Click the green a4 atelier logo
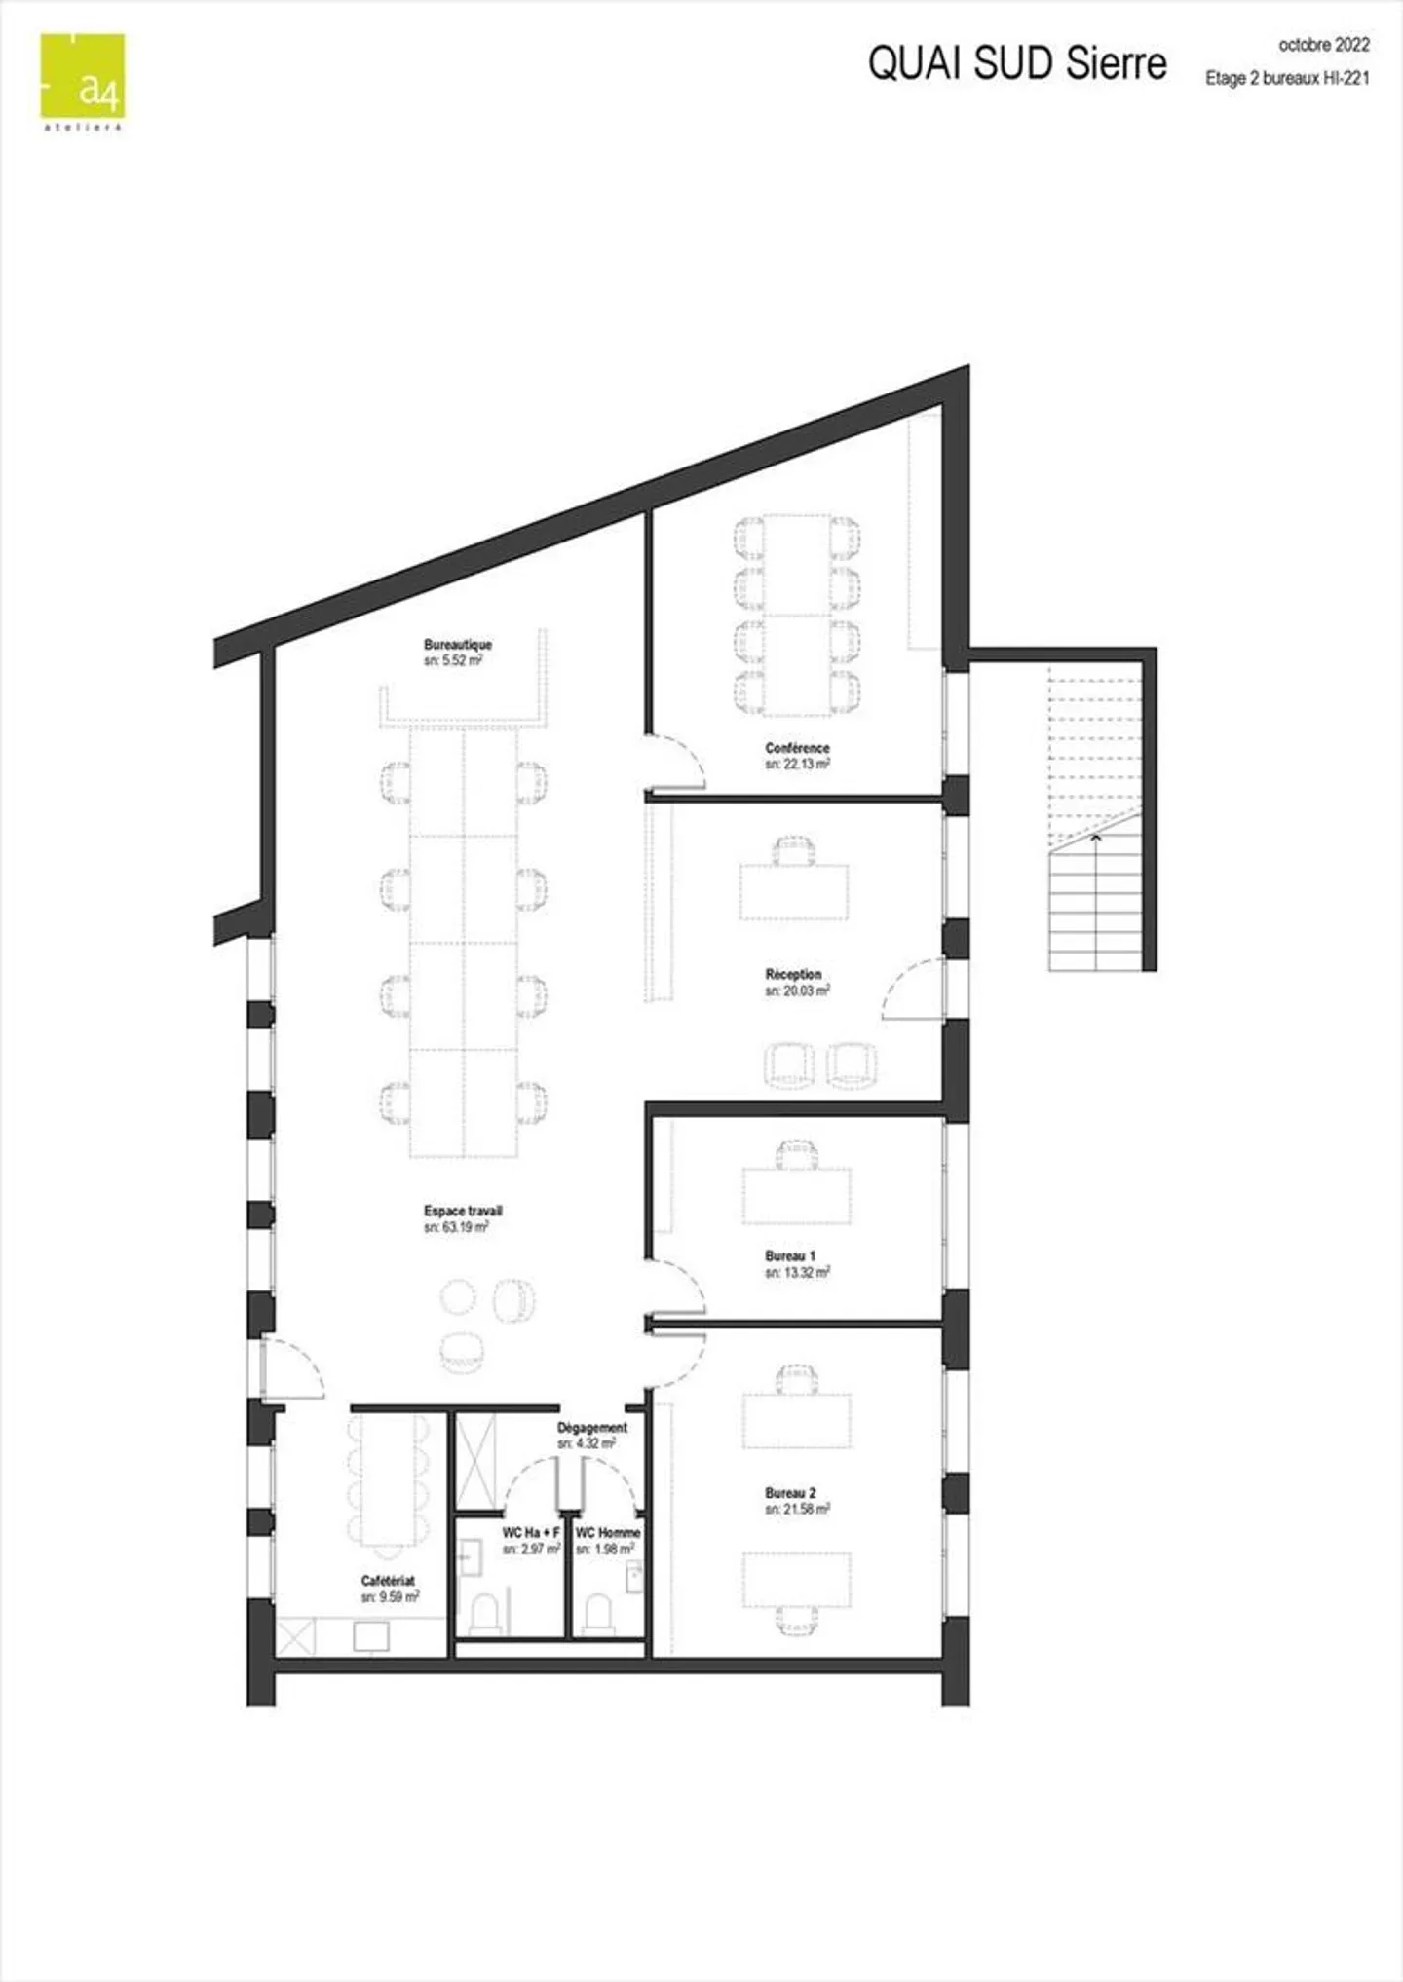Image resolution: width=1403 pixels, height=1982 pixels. coord(83,77)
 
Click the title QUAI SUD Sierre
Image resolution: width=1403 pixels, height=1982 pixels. coord(1016,63)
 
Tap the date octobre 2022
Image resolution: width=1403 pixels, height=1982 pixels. coord(1323,45)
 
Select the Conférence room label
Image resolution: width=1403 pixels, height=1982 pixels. coord(797,748)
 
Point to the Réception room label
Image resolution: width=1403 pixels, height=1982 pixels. coord(793,974)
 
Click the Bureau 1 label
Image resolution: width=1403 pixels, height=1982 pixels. coord(790,1255)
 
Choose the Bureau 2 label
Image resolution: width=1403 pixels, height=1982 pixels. coord(790,1493)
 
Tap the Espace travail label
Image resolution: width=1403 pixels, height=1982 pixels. coord(463,1211)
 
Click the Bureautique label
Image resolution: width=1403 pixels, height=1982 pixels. coord(458,645)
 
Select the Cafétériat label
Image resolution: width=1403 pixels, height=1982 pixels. coord(388,1581)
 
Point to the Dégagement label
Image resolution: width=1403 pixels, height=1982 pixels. coord(592,1428)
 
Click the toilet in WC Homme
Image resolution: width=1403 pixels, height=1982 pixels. coord(598,1614)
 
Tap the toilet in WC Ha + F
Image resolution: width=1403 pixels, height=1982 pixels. coord(485,1614)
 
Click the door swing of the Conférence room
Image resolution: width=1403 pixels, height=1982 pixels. coord(678,763)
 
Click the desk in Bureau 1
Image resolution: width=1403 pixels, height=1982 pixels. coord(796,1195)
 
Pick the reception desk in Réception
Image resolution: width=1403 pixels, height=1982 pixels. coord(793,891)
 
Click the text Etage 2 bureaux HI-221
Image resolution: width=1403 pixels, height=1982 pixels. coord(1287,79)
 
